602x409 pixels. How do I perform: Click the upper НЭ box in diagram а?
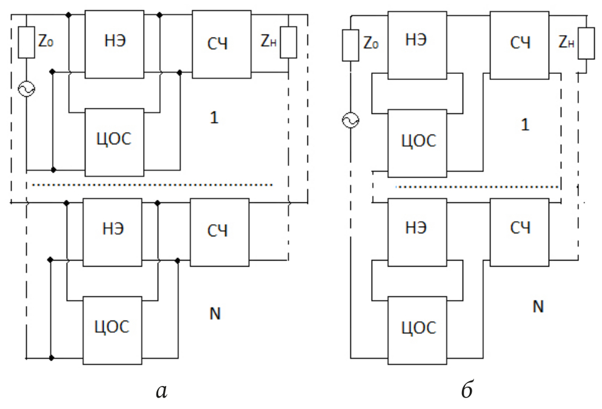click(115, 44)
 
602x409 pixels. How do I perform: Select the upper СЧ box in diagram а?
click(221, 44)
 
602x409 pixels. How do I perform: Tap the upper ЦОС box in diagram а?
click(115, 142)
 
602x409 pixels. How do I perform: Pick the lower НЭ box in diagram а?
click(112, 232)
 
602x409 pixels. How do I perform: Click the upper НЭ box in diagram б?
click(416, 44)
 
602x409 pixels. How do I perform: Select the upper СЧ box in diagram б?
click(519, 44)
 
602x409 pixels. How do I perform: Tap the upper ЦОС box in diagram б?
click(416, 142)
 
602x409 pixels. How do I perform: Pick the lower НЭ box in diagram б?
click(416, 232)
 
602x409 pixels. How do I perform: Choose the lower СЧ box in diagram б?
click(519, 232)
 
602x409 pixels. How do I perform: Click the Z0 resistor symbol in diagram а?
click(27, 42)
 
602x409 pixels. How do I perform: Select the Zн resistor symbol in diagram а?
click(288, 42)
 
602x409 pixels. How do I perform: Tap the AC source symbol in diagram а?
click(27, 90)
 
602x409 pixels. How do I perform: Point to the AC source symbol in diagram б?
click(351, 121)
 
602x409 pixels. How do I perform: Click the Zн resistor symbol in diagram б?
click(586, 44)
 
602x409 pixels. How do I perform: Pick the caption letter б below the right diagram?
click(466, 391)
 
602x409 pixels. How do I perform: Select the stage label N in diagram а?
click(215, 314)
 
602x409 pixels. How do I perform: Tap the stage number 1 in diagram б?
click(525, 125)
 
